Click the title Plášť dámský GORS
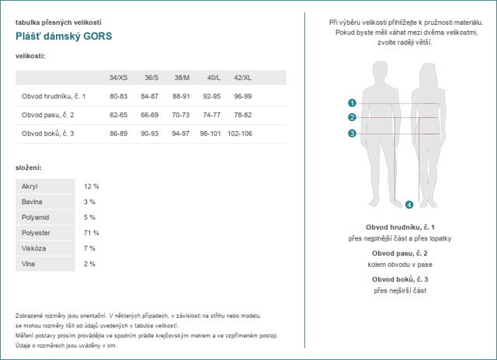[x=64, y=36]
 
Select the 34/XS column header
[x=118, y=78]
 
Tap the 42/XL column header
[x=242, y=78]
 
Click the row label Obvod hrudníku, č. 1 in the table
[x=53, y=96]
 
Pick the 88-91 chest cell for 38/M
[x=181, y=96]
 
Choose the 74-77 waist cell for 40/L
[x=211, y=115]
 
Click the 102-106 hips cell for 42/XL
[x=240, y=133]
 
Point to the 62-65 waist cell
[x=118, y=115]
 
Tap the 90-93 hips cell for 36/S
[x=150, y=133]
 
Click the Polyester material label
[x=37, y=233]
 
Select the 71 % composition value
[x=92, y=233]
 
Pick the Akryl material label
[x=30, y=186]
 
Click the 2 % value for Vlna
[x=89, y=264]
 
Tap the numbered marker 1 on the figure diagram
[x=352, y=102]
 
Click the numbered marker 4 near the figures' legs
[x=409, y=205]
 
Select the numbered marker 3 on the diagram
[x=352, y=133]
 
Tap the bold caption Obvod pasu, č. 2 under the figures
[x=400, y=254]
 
